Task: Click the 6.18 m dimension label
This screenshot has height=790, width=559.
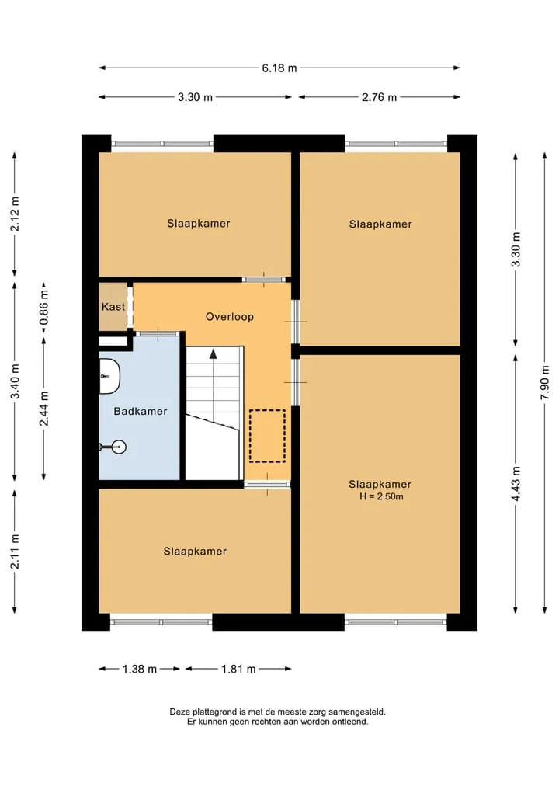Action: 279,68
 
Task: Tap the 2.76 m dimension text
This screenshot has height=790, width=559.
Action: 379,97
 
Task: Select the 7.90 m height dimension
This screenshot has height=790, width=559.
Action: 544,383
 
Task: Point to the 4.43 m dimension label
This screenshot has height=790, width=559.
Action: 516,484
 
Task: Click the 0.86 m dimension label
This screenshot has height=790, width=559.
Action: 44,307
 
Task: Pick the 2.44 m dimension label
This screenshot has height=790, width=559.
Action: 44,409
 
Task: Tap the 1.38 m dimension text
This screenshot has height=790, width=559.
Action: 140,669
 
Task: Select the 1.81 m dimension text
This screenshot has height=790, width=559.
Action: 238,669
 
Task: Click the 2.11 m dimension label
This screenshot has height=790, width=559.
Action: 15,552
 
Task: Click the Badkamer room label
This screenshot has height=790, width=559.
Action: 141,411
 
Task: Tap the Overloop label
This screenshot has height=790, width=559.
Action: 230,317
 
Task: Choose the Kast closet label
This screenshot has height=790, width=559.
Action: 113,307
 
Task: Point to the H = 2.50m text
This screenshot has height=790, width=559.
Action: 381,497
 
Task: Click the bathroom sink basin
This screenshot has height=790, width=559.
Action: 109,376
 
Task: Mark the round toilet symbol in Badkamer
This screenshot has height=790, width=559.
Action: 118,447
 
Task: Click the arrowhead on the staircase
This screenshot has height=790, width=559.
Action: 214,353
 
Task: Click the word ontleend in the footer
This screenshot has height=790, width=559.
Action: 351,722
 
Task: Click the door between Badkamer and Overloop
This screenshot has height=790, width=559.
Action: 158,333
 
